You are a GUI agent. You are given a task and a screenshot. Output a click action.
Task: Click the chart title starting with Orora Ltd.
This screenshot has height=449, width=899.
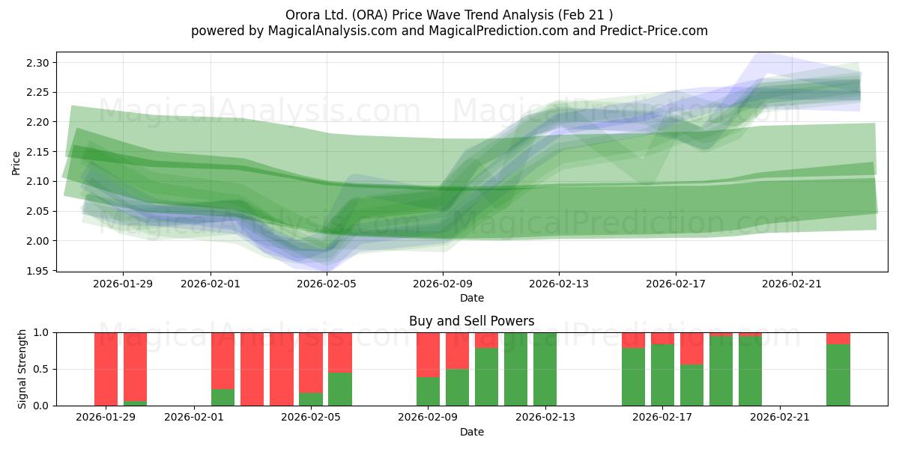[449, 14]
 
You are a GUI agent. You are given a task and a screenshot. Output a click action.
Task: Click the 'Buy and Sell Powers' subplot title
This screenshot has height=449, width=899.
[471, 321]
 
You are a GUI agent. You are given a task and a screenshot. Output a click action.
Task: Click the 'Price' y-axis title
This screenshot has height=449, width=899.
[16, 162]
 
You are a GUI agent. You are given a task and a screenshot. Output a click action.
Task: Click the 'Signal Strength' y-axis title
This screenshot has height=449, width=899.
[22, 369]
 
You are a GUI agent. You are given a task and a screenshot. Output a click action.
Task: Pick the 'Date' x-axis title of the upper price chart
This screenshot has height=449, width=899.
[471, 298]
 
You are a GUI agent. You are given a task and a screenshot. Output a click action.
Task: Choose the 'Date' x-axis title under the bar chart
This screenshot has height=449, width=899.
[471, 432]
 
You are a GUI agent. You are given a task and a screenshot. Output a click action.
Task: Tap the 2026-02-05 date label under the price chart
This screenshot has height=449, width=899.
[327, 284]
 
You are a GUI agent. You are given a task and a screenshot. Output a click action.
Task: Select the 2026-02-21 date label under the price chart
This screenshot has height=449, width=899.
[792, 284]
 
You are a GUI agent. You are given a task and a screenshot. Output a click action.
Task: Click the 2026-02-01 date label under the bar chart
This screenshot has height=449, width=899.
[194, 418]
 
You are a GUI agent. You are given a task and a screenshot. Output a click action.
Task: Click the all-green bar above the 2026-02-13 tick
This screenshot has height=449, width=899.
[545, 369]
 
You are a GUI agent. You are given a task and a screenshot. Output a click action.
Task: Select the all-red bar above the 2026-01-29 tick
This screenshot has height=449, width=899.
[106, 369]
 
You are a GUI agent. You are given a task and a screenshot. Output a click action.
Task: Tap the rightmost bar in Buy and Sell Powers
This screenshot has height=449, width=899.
[838, 374]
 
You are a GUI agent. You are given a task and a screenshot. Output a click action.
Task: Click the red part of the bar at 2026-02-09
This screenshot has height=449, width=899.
[428, 354]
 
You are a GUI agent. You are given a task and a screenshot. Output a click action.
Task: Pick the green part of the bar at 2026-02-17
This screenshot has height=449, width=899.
[662, 374]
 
